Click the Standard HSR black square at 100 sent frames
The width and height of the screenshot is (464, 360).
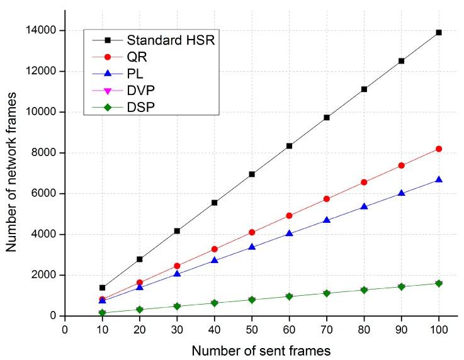pyautogui.click(x=438, y=32)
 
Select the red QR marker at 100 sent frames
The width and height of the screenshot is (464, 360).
pyautogui.click(x=438, y=149)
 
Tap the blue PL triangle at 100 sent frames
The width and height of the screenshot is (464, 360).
pyautogui.click(x=438, y=179)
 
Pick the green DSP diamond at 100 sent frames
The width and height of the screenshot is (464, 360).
pyautogui.click(x=438, y=283)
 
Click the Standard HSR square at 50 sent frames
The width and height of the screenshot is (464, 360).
pyautogui.click(x=252, y=174)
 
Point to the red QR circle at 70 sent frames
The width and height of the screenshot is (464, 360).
pyautogui.click(x=326, y=199)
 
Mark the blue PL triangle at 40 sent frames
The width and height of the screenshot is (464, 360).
pyautogui.click(x=214, y=260)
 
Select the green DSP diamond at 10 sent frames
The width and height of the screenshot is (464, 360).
pyautogui.click(x=102, y=313)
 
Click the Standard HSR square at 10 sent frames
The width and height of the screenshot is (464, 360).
pyautogui.click(x=102, y=288)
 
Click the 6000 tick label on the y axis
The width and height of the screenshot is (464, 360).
pyautogui.click(x=47, y=193)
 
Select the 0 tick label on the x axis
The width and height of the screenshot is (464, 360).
pyautogui.click(x=65, y=328)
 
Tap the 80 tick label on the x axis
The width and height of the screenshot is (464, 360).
pyautogui.click(x=363, y=328)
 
